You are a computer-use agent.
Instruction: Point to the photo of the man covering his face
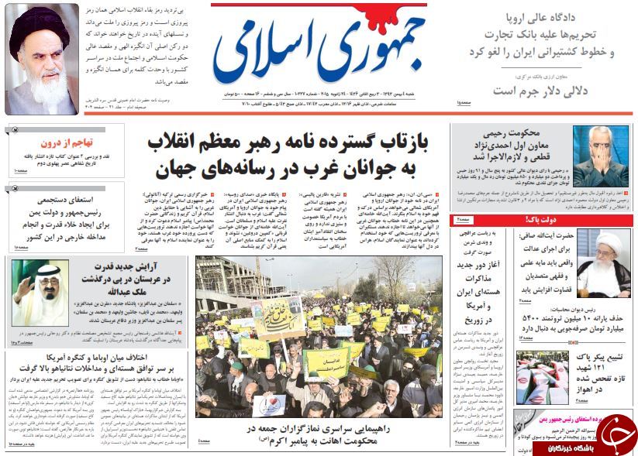600,156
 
